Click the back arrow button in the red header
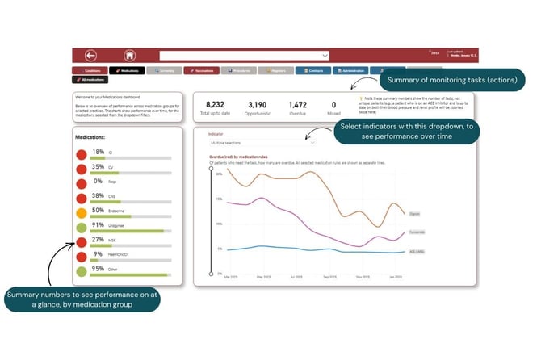click(x=91, y=56)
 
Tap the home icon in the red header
click(x=129, y=56)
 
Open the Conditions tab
click(x=90, y=71)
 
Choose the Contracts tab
click(x=312, y=71)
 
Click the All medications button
click(x=91, y=80)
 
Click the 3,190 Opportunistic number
click(x=257, y=104)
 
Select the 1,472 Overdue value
click(x=297, y=104)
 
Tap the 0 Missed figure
click(x=334, y=104)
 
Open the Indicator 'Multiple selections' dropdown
click(x=260, y=141)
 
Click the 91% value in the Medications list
click(x=98, y=225)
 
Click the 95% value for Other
click(x=98, y=269)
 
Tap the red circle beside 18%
click(x=82, y=154)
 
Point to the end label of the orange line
click(x=415, y=214)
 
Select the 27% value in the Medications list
click(x=98, y=240)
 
